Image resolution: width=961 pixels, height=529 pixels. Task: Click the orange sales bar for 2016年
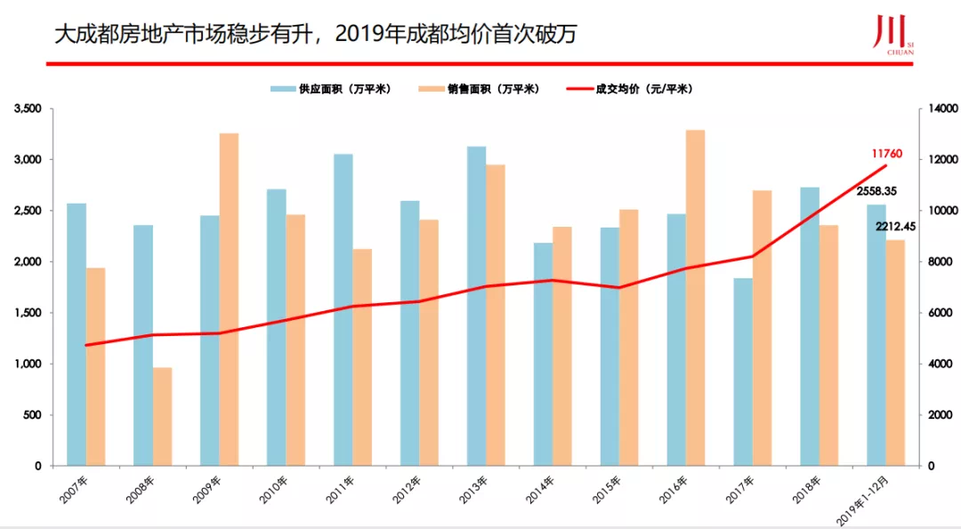[695, 298]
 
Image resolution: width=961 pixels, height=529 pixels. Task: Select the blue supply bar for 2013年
[477, 306]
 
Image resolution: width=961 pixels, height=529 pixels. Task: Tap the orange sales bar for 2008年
[162, 416]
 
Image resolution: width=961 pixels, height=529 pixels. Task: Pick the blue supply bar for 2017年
[743, 372]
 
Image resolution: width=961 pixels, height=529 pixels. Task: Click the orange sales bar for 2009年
[229, 300]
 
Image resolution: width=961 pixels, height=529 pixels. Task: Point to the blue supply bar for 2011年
[343, 309]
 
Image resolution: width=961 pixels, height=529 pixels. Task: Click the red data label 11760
[886, 154]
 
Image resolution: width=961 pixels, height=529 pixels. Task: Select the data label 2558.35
[876, 191]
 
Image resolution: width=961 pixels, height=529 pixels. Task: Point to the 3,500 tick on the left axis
[28, 108]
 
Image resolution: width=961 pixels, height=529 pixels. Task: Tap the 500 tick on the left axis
[33, 415]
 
